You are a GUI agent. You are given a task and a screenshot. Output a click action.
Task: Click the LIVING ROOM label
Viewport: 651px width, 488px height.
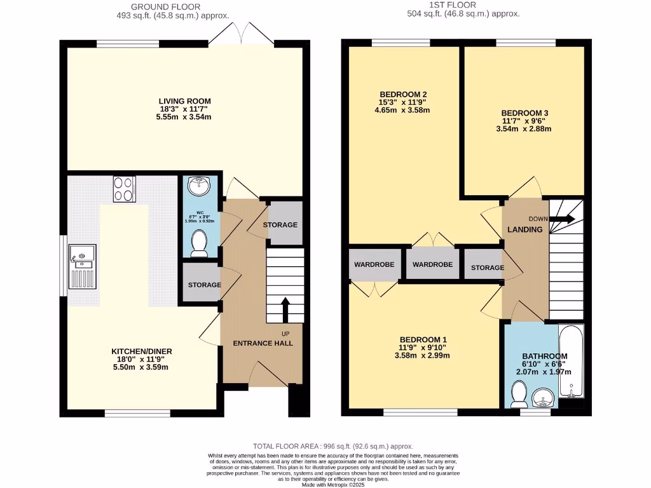coord(184,101)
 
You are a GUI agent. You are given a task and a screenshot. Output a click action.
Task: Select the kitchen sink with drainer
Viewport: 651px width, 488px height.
coord(83,266)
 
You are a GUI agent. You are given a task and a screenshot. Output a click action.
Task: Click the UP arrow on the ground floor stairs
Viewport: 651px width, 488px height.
coord(284,309)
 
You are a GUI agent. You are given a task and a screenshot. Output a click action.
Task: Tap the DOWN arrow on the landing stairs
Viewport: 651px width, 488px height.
coord(561,219)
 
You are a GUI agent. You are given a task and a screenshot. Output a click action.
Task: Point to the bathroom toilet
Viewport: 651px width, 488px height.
coord(518,395)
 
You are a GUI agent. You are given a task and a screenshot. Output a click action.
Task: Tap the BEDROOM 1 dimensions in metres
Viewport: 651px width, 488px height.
coord(423,356)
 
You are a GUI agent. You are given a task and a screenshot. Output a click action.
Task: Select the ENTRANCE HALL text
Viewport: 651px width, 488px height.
coord(263,343)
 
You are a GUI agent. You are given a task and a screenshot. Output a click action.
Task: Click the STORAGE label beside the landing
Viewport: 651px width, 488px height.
coord(487,268)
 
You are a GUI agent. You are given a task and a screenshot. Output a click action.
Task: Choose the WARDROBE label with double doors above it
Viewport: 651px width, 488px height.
coord(432,264)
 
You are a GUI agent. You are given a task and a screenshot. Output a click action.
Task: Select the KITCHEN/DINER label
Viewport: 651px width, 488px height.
coord(142,351)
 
